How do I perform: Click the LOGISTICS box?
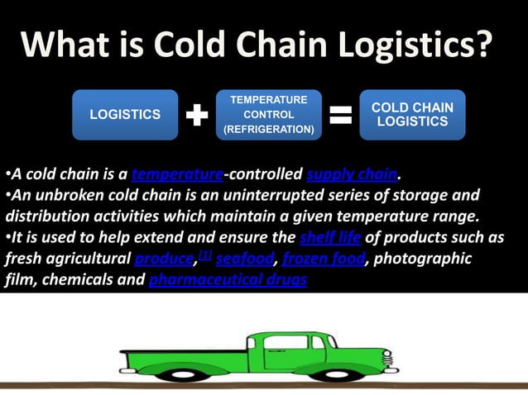click(x=125, y=115)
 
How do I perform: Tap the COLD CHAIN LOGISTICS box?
click(x=412, y=115)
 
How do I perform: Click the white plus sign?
click(x=196, y=116)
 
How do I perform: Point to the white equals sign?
click(x=340, y=116)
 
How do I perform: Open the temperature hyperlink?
click(x=177, y=174)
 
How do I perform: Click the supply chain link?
click(x=352, y=174)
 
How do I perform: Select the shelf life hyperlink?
click(x=329, y=238)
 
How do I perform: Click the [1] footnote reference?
click(x=204, y=256)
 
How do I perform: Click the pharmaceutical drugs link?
click(x=228, y=281)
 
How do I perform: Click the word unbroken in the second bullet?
click(x=63, y=196)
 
